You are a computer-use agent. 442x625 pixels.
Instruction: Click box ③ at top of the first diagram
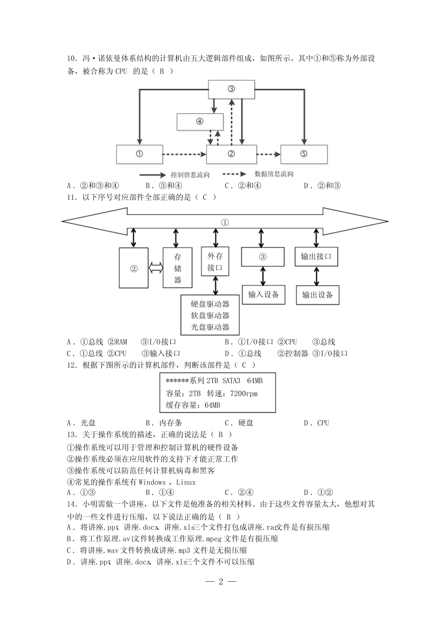coord(231,89)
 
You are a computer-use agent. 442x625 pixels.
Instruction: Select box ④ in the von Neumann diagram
coord(200,122)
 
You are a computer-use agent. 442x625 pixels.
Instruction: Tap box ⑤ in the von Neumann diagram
coord(304,154)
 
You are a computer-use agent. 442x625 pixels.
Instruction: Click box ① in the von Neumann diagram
coord(139,154)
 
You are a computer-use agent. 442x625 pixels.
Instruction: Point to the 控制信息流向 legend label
coord(190,175)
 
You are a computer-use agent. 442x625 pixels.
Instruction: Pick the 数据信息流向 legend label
coord(274,174)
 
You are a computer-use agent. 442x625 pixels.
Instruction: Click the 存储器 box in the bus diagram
coord(178,268)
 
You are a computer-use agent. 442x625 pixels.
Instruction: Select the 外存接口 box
coord(215,261)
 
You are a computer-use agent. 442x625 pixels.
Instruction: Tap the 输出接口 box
coord(316,257)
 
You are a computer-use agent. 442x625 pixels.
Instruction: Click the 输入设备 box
coord(263,294)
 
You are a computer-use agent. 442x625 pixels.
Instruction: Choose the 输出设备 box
coord(317,295)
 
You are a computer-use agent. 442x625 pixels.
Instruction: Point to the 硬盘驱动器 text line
coord(210,304)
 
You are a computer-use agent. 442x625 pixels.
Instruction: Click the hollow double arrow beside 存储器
coord(155,268)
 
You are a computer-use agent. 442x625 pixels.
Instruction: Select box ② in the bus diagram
coord(134,268)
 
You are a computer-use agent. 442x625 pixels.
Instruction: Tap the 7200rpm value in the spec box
coord(244,393)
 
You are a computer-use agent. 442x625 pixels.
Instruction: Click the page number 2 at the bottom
coord(221,581)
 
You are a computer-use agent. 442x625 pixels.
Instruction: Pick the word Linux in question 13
coord(186,482)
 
